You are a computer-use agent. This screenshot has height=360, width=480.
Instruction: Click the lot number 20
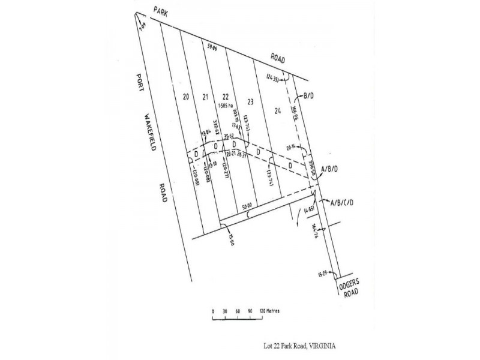click(186, 96)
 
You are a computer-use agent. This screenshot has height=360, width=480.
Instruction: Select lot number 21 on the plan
click(205, 97)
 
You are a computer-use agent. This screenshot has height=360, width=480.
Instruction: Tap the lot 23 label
click(249, 102)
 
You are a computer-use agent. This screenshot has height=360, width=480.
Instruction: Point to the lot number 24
click(277, 110)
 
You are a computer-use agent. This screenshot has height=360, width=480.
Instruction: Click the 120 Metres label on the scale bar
click(269, 311)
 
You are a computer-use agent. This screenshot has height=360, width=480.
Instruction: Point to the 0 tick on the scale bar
click(213, 311)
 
